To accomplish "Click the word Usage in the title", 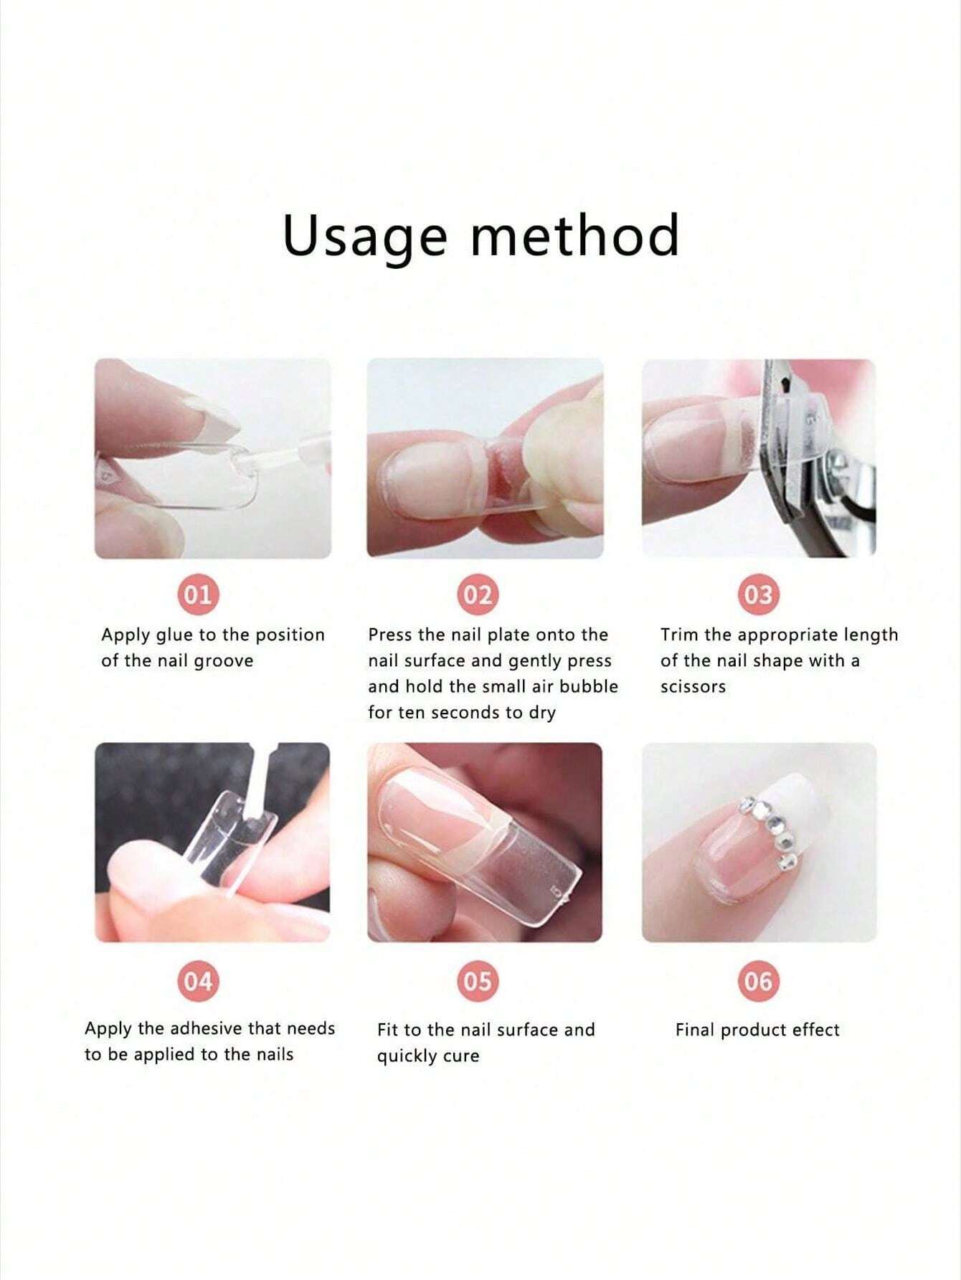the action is coord(364,237).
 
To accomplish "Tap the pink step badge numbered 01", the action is coord(199,595).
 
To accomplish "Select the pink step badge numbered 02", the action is coord(478,595).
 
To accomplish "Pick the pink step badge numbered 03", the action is coord(758,595).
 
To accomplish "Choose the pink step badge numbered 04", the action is coord(199,980).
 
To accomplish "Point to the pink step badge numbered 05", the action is coord(478,980).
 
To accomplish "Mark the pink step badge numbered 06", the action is coord(758,980).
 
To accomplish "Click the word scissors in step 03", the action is coord(693,687).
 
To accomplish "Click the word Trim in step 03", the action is coord(680,635).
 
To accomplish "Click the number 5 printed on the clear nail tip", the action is coord(556,892).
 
